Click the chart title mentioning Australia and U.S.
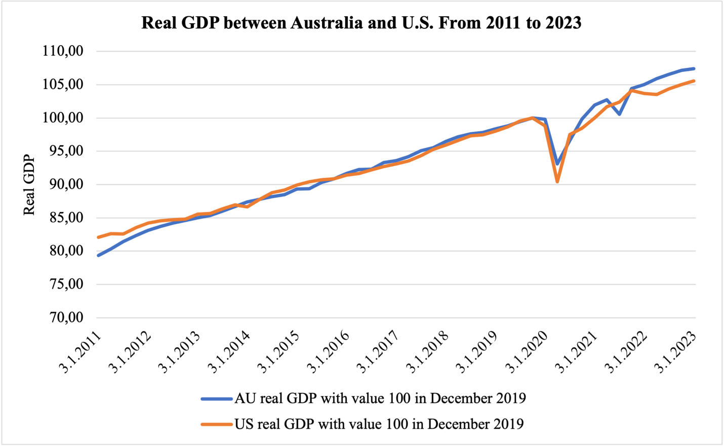(x=361, y=23)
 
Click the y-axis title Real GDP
(x=29, y=185)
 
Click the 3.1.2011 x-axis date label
(x=81, y=352)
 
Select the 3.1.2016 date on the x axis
(x=329, y=352)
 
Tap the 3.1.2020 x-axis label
(x=528, y=352)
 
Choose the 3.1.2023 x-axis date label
(x=676, y=352)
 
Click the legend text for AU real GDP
(x=380, y=398)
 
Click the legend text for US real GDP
(x=379, y=423)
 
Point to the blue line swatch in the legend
(x=217, y=399)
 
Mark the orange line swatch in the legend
(x=217, y=424)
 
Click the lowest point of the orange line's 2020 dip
(x=557, y=181)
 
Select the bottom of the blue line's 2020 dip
(x=557, y=164)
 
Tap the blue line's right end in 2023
(x=694, y=68)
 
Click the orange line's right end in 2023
(x=694, y=81)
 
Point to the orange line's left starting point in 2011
(x=98, y=237)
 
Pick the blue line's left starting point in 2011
(x=98, y=255)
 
